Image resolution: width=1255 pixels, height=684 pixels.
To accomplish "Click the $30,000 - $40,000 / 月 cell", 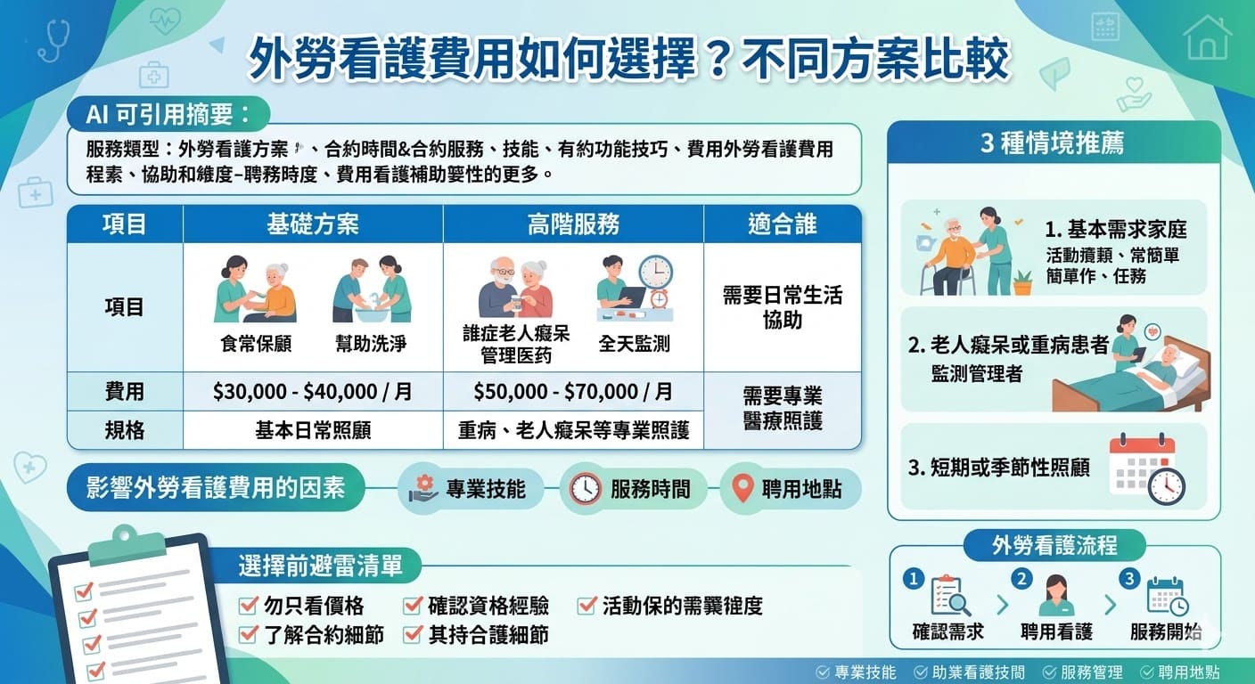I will [x=313, y=392].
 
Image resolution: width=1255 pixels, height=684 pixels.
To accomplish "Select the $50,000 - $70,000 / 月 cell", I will [x=573, y=392].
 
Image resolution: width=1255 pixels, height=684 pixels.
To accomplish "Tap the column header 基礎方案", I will [x=313, y=224].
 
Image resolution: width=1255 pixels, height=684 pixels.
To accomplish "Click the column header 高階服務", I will [x=573, y=224].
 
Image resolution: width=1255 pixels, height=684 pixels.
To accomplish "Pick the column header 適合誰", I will [x=782, y=224].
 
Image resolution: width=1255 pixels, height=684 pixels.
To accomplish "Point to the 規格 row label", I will [x=124, y=430].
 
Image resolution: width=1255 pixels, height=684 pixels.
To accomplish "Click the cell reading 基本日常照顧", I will [x=313, y=430].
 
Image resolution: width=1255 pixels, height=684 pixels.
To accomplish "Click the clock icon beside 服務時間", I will [x=585, y=489].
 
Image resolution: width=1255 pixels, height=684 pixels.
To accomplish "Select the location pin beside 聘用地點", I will [x=742, y=488].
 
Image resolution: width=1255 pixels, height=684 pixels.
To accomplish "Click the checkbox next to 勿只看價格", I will [x=249, y=607].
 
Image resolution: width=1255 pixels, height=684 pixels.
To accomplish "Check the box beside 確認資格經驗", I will [x=412, y=607].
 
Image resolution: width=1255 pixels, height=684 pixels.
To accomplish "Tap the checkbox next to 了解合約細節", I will [x=249, y=635].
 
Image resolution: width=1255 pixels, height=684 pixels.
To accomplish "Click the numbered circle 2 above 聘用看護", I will [x=1021, y=578].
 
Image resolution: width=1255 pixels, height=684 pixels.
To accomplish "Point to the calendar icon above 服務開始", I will [x=1166, y=596].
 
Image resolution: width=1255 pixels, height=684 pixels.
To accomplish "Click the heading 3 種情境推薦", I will [x=1053, y=143].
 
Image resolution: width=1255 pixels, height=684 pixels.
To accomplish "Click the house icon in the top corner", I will [x=1208, y=37].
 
